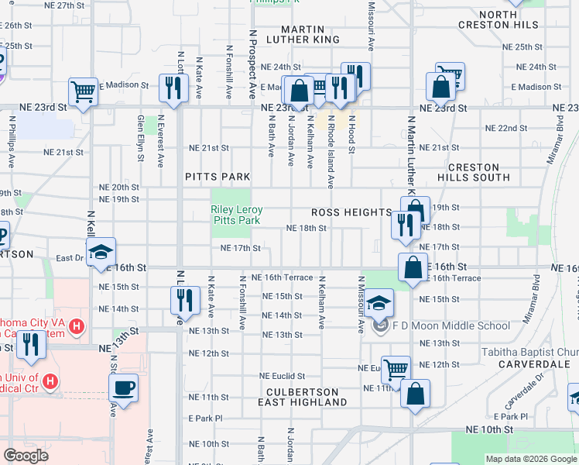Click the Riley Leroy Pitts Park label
click(237, 215)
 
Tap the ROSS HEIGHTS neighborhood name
click(351, 212)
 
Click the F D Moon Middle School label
click(440, 325)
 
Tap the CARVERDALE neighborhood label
click(534, 363)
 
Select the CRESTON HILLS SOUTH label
click(479, 172)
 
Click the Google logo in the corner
click(26, 455)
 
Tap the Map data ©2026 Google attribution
click(531, 459)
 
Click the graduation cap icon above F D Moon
click(379, 302)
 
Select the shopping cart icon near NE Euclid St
click(396, 370)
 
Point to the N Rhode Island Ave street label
click(331, 155)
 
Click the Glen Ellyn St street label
click(141, 139)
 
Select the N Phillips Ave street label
click(12, 143)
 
